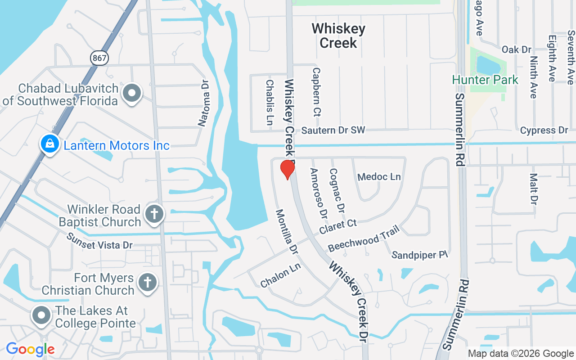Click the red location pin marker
pyautogui.click(x=287, y=169)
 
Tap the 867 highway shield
pyautogui.click(x=99, y=57)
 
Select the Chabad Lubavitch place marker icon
pyautogui.click(x=132, y=94)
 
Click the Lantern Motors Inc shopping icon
pyautogui.click(x=50, y=144)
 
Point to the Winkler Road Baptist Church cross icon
pyautogui.click(x=154, y=214)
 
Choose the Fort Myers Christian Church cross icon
pyautogui.click(x=147, y=283)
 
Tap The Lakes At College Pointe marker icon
pyautogui.click(x=42, y=316)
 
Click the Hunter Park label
pyautogui.click(x=485, y=80)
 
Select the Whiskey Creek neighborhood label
pyautogui.click(x=338, y=36)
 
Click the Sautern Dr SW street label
pyautogui.click(x=333, y=130)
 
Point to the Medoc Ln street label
pyautogui.click(x=379, y=177)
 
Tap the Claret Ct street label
pyautogui.click(x=338, y=226)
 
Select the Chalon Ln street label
pyautogui.click(x=280, y=275)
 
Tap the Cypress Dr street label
pyautogui.click(x=544, y=130)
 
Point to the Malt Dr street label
pyautogui.click(x=534, y=189)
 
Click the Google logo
pyautogui.click(x=30, y=349)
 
